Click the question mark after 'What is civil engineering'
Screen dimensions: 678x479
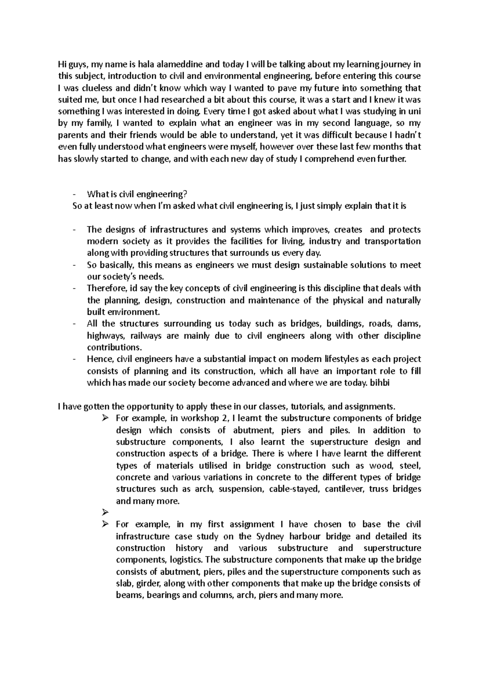click(x=185, y=194)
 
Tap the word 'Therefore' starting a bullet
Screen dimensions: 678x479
click(x=102, y=289)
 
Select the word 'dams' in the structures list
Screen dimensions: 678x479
click(x=412, y=324)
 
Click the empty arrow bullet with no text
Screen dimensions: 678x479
click(x=105, y=512)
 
